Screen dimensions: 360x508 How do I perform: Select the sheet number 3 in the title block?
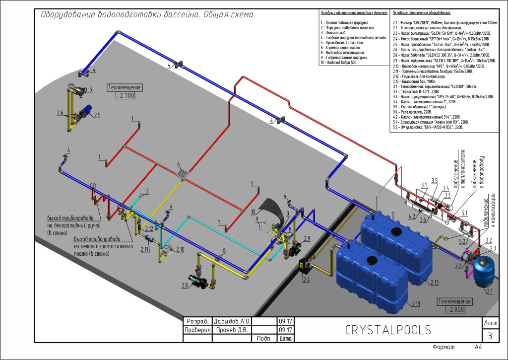coord(490,336)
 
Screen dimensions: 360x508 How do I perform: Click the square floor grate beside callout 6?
coord(184,172)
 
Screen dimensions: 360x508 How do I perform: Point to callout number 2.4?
coord(306,280)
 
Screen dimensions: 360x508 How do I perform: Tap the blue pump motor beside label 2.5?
coord(88,111)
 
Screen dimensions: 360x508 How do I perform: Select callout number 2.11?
coord(145,249)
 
